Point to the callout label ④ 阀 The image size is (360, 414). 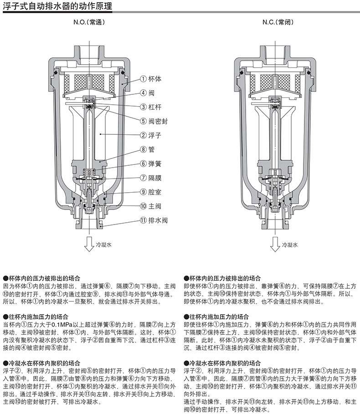click(x=147, y=92)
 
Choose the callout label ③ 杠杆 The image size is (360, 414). click(x=150, y=107)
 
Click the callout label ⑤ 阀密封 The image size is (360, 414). click(x=154, y=121)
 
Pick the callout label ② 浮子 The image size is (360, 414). click(x=150, y=135)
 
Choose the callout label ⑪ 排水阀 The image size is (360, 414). click(x=154, y=220)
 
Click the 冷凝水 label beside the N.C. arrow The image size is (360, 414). click(x=290, y=245)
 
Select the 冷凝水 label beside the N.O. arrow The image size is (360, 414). click(x=103, y=245)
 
